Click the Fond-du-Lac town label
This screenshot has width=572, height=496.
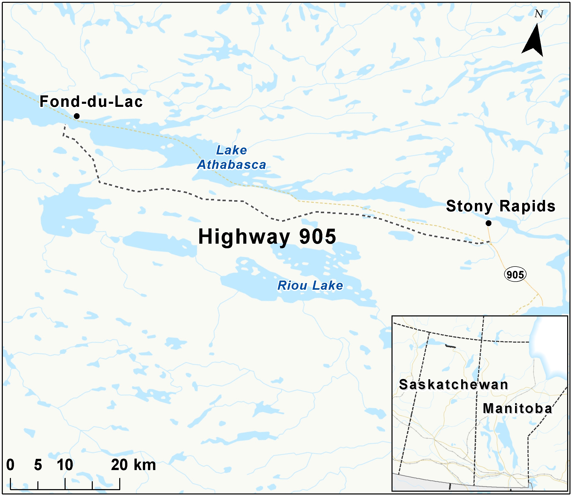tap(91, 101)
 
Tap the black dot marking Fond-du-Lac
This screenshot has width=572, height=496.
tap(77, 116)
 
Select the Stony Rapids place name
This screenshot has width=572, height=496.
tap(500, 207)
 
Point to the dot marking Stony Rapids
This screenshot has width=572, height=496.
tap(488, 223)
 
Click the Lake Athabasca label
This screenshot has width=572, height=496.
tap(232, 157)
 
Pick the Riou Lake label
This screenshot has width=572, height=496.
tap(310, 285)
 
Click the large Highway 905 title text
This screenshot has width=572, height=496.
tap(267, 237)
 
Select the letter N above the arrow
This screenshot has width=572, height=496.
tap(538, 14)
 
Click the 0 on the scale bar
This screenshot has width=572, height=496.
tap(10, 465)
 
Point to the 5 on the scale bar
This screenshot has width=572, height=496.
tap(38, 465)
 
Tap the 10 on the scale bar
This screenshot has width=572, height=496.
tap(65, 465)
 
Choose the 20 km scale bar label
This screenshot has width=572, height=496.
tap(133, 465)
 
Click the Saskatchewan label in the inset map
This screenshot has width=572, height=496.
tap(453, 385)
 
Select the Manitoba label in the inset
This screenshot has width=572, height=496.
tap(517, 409)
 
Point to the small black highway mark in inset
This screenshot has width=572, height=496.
tap(450, 346)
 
